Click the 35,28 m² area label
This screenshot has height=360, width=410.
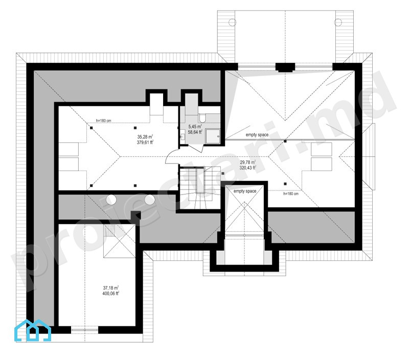click(145, 137)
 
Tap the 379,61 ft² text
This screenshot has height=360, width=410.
click(145, 142)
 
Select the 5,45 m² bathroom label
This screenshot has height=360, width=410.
click(195, 127)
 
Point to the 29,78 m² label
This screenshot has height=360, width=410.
click(247, 162)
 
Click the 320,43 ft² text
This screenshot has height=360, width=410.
click(247, 168)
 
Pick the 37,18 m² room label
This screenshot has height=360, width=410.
click(111, 288)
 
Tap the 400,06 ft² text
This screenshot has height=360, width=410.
click(111, 294)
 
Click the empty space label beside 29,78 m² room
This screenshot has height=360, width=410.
click(257, 135)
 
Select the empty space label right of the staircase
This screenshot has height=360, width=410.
click(245, 191)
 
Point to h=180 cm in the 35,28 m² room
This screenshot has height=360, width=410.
click(104, 121)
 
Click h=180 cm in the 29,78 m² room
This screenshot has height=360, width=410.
click(291, 194)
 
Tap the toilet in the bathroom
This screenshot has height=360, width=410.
click(202, 118)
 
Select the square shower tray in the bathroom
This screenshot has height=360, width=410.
click(213, 136)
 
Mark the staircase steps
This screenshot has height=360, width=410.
click(200, 188)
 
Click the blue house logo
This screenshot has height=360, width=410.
click(33, 330)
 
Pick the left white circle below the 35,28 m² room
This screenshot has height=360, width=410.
click(111, 200)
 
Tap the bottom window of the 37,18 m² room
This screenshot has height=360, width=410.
click(84, 330)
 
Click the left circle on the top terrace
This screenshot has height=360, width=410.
click(233, 22)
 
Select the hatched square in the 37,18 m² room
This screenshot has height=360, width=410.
click(109, 230)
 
